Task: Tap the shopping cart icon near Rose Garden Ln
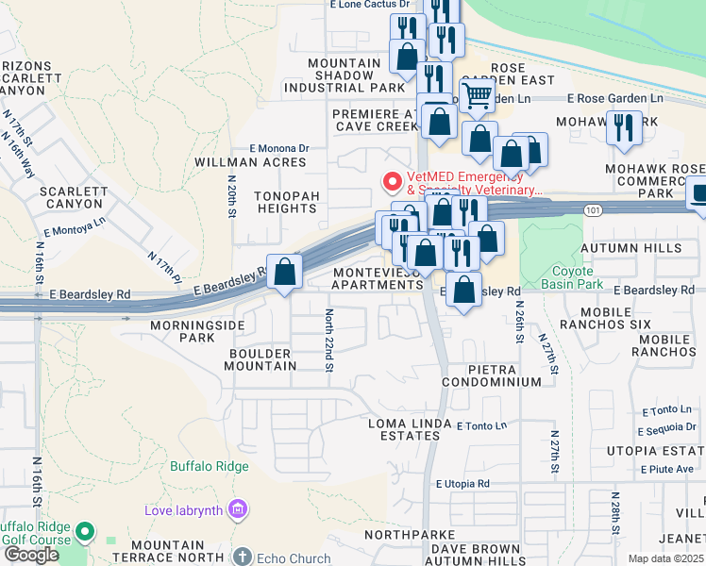click(478, 95)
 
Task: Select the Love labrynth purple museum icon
click(237, 510)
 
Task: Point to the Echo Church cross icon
click(243, 557)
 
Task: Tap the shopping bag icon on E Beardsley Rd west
click(285, 273)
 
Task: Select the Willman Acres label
click(250, 162)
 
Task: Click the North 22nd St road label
click(329, 340)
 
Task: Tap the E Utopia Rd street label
click(462, 484)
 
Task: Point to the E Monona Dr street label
click(278, 148)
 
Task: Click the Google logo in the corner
click(31, 555)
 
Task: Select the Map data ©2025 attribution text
click(664, 558)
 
